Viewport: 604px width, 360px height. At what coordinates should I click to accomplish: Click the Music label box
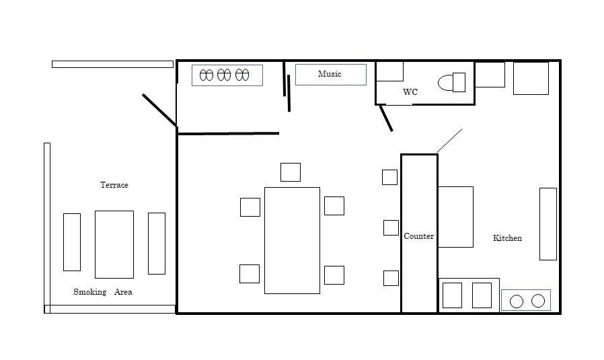click(x=330, y=75)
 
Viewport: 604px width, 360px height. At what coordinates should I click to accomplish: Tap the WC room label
click(x=410, y=92)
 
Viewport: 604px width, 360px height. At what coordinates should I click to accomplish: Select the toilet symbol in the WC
click(x=451, y=82)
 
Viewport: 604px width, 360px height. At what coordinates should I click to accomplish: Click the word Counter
click(x=419, y=236)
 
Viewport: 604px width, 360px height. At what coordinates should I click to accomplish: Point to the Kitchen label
click(x=507, y=238)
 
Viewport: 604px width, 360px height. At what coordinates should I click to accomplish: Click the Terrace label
click(x=114, y=184)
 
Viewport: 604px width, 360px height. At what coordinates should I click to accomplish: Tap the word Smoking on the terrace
click(x=89, y=292)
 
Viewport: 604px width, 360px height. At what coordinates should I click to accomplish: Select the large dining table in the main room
click(x=292, y=240)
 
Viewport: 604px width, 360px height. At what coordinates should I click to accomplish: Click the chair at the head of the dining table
click(x=291, y=172)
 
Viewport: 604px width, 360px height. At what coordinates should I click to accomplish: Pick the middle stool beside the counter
click(x=391, y=228)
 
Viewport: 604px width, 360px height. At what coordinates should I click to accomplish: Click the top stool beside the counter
click(x=390, y=177)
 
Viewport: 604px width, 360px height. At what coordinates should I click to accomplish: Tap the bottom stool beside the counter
click(x=391, y=278)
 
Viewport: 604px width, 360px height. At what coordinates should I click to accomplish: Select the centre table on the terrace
click(x=114, y=244)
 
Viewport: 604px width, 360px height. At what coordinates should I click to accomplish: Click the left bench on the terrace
click(x=72, y=242)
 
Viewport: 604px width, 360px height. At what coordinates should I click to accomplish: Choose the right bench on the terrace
click(x=157, y=243)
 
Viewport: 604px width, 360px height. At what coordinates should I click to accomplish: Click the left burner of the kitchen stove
click(x=517, y=301)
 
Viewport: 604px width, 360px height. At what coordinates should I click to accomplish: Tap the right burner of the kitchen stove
click(x=538, y=301)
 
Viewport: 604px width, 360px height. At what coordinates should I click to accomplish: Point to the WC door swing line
click(x=386, y=118)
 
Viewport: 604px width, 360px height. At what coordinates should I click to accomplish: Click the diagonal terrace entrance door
click(x=159, y=110)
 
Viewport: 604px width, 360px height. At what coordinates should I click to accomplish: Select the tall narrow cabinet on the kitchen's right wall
click(x=548, y=224)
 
